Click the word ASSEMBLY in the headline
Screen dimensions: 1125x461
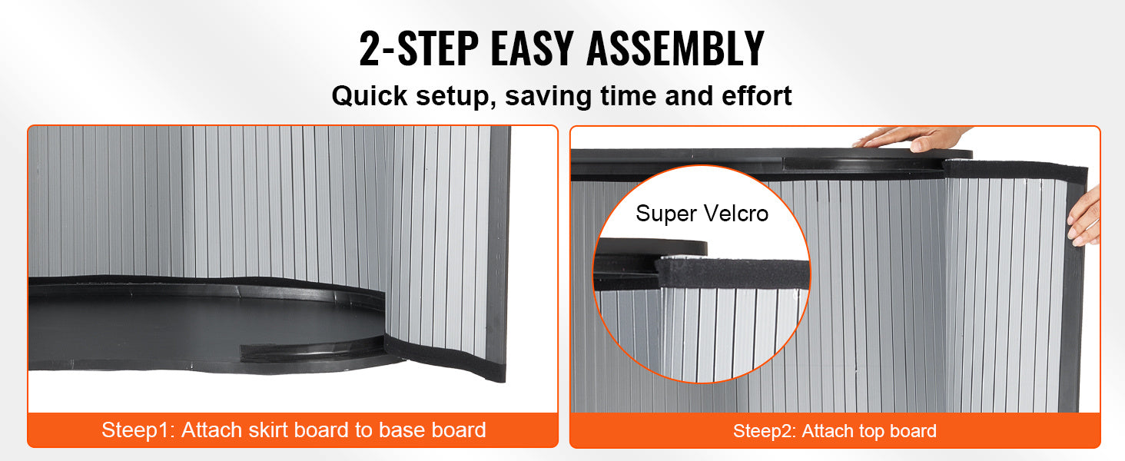coord(675,48)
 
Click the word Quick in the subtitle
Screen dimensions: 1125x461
coord(369,95)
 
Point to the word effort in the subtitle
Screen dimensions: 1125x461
coord(756,95)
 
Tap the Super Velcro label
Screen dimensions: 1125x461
coord(702,214)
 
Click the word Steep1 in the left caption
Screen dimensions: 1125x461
coord(138,430)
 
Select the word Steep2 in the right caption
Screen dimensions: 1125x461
coord(765,431)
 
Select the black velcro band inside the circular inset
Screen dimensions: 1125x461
coord(733,274)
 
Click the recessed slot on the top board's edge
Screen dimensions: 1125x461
coord(862,164)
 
